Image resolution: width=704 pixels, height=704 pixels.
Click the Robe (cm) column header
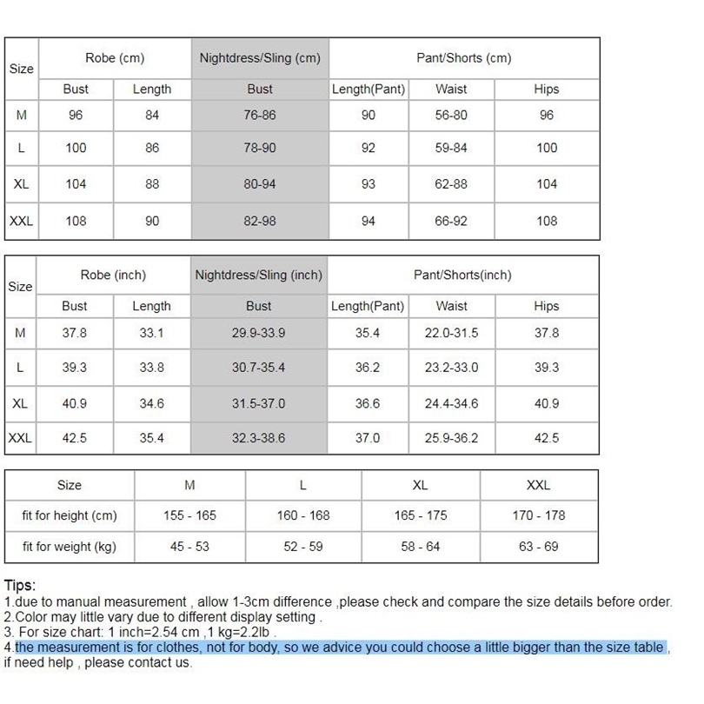(115, 58)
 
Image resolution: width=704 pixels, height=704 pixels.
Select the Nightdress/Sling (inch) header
(259, 276)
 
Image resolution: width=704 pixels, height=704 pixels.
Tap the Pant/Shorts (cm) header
(463, 58)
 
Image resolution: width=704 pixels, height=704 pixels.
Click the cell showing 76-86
(260, 115)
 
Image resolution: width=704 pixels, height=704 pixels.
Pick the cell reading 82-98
(260, 222)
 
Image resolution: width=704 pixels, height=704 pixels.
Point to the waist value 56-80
(451, 115)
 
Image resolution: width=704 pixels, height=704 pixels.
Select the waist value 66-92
(451, 222)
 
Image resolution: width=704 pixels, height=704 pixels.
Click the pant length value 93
(369, 184)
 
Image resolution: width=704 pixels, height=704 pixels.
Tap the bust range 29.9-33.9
(258, 333)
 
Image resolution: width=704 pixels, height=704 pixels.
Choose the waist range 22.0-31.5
(451, 333)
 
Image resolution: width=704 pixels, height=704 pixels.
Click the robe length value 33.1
(152, 333)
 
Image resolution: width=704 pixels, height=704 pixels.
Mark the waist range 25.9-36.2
(451, 438)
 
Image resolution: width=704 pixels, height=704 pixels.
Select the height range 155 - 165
(189, 515)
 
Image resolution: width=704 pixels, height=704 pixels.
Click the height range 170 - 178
(539, 515)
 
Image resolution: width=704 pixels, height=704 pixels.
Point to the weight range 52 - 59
(303, 547)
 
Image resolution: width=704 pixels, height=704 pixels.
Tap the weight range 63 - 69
(539, 547)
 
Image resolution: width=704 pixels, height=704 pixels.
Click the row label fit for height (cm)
(70, 515)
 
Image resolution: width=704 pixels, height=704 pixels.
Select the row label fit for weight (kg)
(70, 547)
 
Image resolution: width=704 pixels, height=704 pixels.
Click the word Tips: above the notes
(20, 586)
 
